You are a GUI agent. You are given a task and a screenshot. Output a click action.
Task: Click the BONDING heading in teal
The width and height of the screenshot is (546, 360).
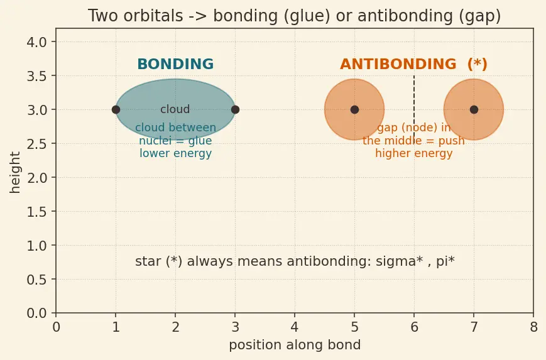click(175, 65)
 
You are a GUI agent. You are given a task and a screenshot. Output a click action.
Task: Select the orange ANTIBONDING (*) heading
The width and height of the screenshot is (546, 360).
click(413, 65)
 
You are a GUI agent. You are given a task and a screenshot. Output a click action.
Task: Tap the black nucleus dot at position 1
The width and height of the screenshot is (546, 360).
click(116, 110)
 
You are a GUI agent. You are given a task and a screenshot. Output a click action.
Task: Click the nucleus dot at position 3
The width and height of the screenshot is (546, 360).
click(236, 110)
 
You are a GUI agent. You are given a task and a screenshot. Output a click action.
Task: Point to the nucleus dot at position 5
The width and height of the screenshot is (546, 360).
click(354, 110)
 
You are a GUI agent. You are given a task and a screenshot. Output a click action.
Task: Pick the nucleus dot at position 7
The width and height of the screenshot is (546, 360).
click(474, 110)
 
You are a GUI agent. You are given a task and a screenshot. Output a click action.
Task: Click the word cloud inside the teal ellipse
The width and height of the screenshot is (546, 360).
click(175, 109)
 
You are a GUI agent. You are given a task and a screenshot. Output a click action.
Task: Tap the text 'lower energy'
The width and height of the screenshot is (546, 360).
click(175, 153)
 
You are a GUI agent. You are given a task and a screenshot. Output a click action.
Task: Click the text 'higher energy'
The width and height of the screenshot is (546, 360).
click(413, 153)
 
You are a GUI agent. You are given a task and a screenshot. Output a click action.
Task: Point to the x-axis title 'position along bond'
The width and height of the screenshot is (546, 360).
click(295, 345)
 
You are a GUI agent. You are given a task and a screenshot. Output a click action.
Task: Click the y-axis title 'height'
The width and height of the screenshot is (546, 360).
click(14, 172)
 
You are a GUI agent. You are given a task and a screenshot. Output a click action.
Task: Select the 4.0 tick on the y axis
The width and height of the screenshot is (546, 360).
click(36, 43)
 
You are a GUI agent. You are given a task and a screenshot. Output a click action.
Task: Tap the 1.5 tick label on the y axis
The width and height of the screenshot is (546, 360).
click(36, 212)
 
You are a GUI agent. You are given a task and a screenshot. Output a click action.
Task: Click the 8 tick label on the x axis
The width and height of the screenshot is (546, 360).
click(533, 327)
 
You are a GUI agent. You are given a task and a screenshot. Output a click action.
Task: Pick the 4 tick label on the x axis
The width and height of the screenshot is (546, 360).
click(295, 327)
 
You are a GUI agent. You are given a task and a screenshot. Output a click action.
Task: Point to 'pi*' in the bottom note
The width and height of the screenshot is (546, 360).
click(445, 261)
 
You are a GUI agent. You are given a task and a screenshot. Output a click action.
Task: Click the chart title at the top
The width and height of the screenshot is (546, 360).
click(294, 16)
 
